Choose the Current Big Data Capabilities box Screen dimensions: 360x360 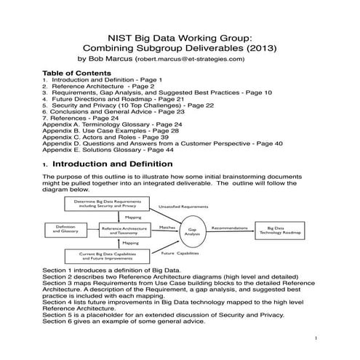111,255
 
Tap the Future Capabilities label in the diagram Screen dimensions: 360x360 180,254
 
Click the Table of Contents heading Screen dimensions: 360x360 76,73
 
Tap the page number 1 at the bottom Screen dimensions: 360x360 317,339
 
